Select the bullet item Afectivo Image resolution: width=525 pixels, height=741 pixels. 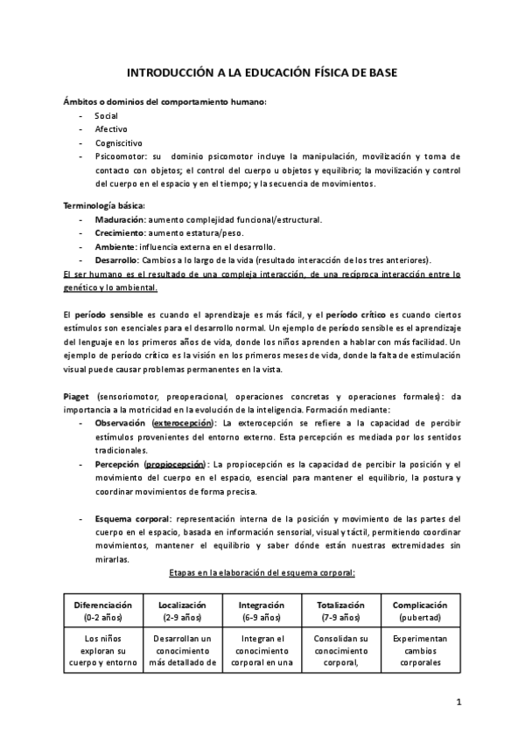coord(111,129)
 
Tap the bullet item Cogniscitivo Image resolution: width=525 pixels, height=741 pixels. coord(118,142)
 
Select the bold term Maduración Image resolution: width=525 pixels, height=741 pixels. coord(120,219)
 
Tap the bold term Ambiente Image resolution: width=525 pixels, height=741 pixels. coord(115,246)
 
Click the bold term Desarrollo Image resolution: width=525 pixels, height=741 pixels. coord(116,260)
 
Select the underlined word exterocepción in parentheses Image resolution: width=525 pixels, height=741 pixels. coord(184,422)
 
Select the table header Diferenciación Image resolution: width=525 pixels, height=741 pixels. coord(103,605)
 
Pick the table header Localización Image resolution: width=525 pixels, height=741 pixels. coord(182,605)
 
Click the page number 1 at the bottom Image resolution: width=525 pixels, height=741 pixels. coord(458,703)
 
